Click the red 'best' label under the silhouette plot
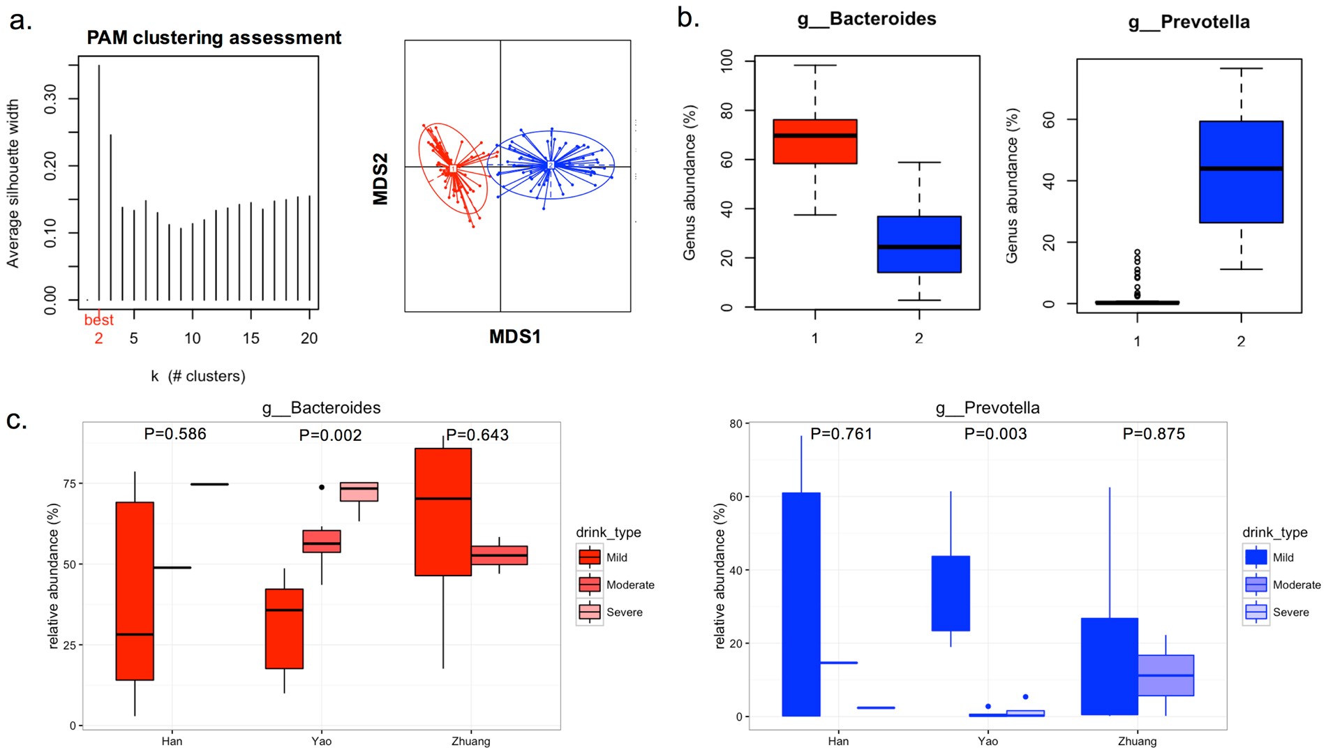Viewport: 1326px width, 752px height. point(98,320)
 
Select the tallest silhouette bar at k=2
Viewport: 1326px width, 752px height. point(99,181)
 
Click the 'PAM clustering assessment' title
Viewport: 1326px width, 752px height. point(214,38)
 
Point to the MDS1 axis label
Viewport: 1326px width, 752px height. point(514,337)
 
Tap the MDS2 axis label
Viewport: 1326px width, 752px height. point(380,179)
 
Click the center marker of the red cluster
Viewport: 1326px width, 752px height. point(452,169)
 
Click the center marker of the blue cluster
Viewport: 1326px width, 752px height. point(550,165)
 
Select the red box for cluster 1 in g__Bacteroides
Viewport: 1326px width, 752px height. point(814,142)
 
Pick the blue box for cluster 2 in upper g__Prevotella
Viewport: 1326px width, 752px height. point(1240,172)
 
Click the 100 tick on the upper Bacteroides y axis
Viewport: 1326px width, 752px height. point(727,60)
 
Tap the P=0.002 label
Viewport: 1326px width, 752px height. point(330,435)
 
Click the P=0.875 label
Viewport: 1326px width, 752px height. point(1153,434)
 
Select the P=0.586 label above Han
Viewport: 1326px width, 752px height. point(174,434)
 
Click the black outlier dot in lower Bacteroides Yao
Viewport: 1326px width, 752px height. point(322,487)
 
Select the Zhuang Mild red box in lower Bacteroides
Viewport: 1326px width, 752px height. point(443,511)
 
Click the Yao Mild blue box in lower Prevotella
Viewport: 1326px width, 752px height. point(951,593)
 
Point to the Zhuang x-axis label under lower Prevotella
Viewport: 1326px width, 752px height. point(1137,741)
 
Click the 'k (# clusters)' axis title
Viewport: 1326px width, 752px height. point(198,377)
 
